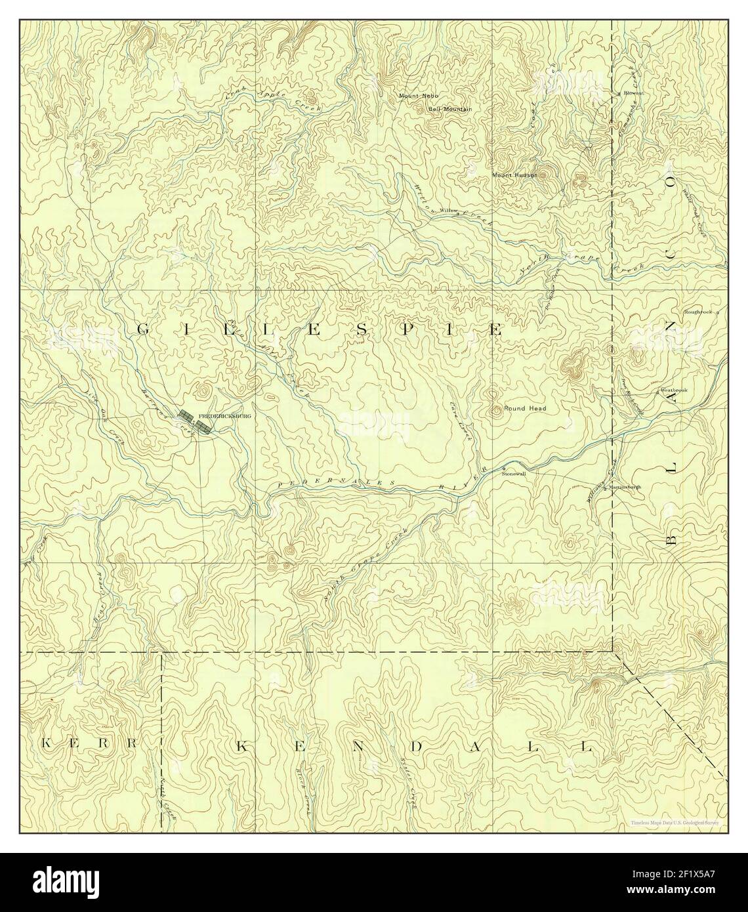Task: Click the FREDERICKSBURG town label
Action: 224,416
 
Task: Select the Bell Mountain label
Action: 450,109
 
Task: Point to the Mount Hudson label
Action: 515,175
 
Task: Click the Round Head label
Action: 525,408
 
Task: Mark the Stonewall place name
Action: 514,473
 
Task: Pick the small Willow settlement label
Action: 448,211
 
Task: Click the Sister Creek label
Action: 408,786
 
